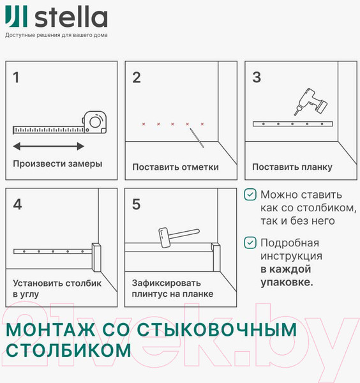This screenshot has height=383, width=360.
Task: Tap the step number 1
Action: pyautogui.click(x=17, y=78)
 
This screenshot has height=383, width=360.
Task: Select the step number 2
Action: pyautogui.click(x=137, y=78)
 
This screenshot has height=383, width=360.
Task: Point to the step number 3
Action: pyautogui.click(x=257, y=78)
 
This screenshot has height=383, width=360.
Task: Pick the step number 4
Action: pyautogui.click(x=17, y=204)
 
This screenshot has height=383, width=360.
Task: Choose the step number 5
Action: pyautogui.click(x=137, y=204)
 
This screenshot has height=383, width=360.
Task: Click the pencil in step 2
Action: pyautogui.click(x=196, y=138)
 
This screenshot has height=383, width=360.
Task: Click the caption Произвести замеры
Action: pyautogui.click(x=57, y=163)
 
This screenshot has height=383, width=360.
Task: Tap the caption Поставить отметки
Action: pyautogui.click(x=176, y=167)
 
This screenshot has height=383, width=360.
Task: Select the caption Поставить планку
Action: pyautogui.click(x=292, y=167)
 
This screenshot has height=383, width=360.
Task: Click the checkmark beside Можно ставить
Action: pyautogui.click(x=251, y=195)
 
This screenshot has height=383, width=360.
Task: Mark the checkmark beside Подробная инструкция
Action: pyautogui.click(x=251, y=243)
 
